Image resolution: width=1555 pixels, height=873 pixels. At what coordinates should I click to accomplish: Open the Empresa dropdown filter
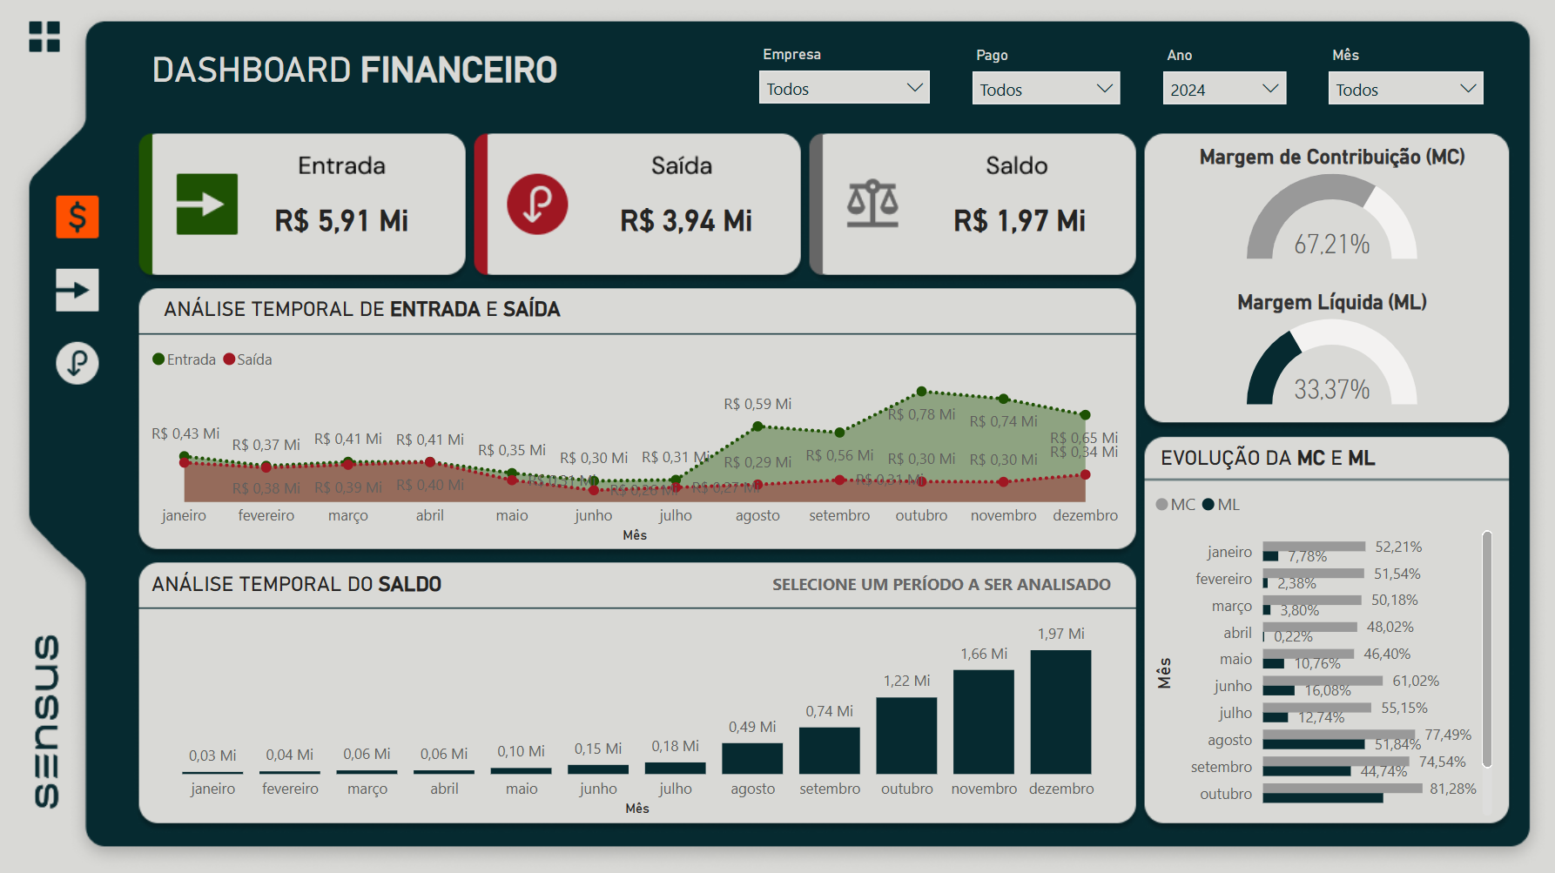(844, 89)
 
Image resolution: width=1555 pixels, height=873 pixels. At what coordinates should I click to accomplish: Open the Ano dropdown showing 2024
(1223, 89)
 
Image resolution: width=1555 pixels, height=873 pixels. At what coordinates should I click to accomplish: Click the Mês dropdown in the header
(1404, 89)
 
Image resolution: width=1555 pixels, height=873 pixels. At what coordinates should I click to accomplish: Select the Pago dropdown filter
(1045, 89)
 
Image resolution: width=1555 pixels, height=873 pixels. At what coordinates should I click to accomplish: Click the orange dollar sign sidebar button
(77, 217)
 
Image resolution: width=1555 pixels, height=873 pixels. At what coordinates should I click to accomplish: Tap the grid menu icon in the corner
(44, 37)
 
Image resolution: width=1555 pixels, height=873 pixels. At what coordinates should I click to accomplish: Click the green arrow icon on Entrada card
(207, 205)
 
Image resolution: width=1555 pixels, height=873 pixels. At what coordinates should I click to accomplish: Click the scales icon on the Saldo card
(872, 205)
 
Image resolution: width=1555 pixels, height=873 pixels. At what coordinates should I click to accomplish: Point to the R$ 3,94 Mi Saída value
(686, 221)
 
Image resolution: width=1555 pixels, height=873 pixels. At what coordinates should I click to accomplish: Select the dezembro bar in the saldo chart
(1060, 712)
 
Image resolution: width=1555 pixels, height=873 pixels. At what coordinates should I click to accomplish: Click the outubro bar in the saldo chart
(906, 735)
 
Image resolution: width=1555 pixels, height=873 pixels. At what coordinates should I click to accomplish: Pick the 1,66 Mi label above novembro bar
(984, 654)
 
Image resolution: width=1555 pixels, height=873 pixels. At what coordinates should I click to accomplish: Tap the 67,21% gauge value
(1331, 245)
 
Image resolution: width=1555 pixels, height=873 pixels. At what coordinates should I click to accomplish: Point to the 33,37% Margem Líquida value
(1331, 390)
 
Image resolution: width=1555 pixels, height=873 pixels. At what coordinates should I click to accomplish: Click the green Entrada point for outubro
(921, 392)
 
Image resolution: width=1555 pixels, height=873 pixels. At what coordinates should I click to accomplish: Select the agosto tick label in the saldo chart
(752, 789)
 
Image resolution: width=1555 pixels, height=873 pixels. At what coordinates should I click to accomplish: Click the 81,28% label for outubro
(1452, 789)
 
